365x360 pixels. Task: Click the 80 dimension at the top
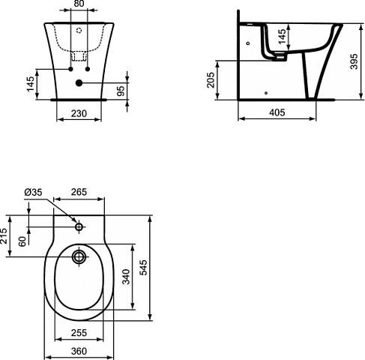click(x=79, y=4)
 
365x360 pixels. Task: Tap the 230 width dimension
click(x=79, y=113)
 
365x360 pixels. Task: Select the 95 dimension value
click(x=121, y=91)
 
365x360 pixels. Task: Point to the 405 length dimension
click(x=277, y=112)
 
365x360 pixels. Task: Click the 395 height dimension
click(x=354, y=61)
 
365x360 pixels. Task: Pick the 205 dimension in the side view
click(x=211, y=80)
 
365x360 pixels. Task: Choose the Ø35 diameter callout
click(x=33, y=192)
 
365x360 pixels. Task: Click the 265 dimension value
click(x=79, y=192)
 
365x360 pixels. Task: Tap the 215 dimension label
click(x=4, y=235)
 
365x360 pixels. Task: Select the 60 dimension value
click(x=22, y=241)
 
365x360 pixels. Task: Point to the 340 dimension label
click(x=126, y=277)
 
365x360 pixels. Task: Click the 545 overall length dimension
click(x=143, y=268)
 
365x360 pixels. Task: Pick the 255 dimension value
click(x=79, y=333)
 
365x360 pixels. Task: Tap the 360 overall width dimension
click(x=79, y=351)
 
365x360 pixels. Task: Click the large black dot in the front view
click(x=79, y=82)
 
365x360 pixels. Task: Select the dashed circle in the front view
click(x=79, y=31)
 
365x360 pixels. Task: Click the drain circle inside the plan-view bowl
click(x=79, y=256)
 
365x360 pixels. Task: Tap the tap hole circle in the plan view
click(x=79, y=227)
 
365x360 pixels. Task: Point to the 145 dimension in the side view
click(x=282, y=37)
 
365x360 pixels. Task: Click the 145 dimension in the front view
click(x=30, y=84)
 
